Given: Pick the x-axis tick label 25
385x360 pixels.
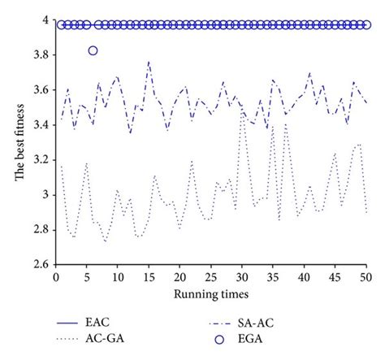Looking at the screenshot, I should pos(210,278).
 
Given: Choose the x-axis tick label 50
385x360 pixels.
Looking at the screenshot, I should pos(366,278).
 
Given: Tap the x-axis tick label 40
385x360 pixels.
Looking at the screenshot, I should pos(304,278).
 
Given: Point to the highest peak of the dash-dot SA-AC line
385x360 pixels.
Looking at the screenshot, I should pos(148,61).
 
